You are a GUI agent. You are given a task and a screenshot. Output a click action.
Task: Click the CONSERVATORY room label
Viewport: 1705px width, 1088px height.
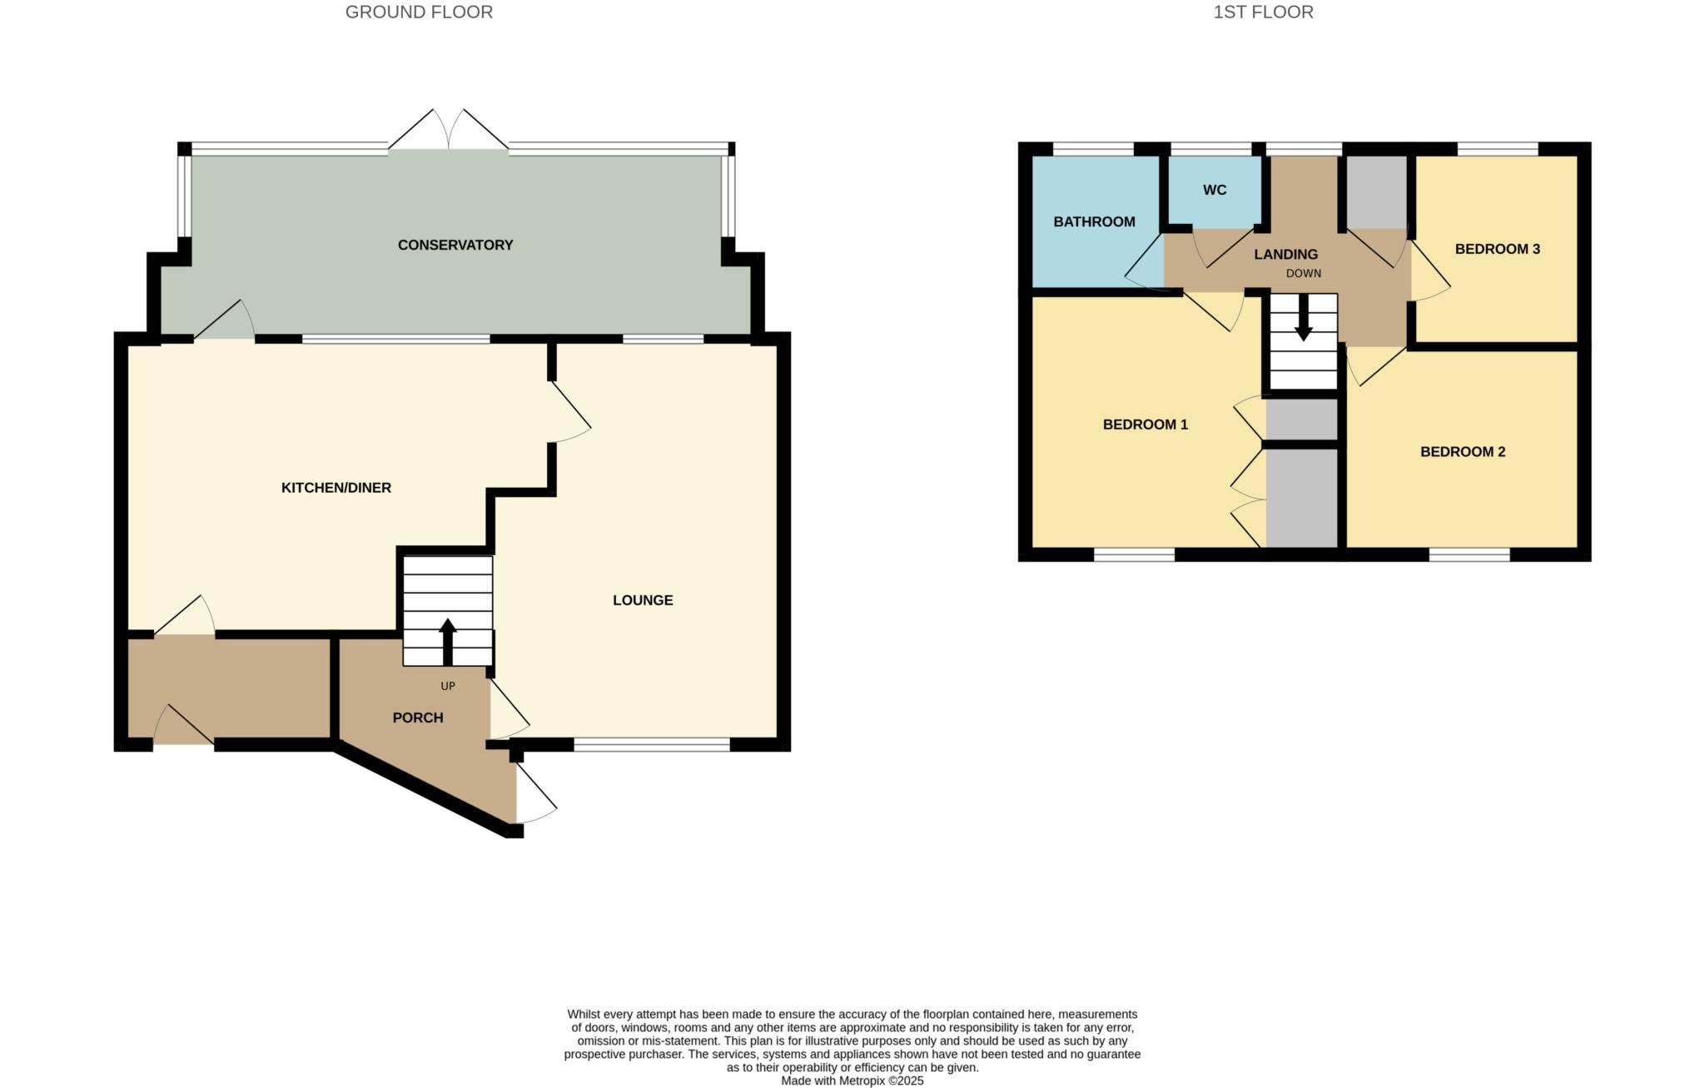[x=455, y=245]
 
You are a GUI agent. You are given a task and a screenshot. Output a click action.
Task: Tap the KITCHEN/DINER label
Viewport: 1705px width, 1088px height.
[x=336, y=488]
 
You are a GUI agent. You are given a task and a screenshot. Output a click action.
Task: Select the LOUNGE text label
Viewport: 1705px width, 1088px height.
[x=642, y=600]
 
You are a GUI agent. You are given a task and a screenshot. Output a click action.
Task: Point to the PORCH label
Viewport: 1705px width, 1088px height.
[x=417, y=718]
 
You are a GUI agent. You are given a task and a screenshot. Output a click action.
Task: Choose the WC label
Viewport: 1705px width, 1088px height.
[x=1214, y=190]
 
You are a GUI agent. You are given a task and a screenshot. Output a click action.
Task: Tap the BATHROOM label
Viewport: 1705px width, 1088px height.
[x=1093, y=221]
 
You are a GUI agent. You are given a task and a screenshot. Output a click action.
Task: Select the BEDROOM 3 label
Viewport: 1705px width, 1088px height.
[x=1496, y=249]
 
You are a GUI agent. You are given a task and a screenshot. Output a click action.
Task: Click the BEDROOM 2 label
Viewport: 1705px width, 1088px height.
[x=1462, y=452]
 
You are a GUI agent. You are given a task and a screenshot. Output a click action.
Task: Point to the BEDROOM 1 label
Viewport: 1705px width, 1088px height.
[x=1145, y=425]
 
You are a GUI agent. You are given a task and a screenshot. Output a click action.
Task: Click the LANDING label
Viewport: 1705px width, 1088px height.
[x=1285, y=255]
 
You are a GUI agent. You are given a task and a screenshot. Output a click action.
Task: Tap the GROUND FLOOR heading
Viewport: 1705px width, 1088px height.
[x=419, y=12]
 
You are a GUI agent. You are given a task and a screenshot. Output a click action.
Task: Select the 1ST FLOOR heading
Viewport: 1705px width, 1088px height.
[x=1262, y=12]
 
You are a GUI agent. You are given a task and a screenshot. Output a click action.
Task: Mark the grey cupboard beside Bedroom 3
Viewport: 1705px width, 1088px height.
[x=1376, y=192]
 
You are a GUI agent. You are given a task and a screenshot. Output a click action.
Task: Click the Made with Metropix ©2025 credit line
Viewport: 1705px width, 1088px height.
[x=852, y=1081]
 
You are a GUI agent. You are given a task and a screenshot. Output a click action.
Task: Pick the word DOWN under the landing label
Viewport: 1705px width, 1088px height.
[x=1303, y=273]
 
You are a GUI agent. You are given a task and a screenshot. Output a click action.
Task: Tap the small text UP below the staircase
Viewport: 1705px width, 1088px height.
[x=448, y=686]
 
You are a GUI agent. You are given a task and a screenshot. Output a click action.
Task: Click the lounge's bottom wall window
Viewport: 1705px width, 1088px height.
[x=652, y=745]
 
